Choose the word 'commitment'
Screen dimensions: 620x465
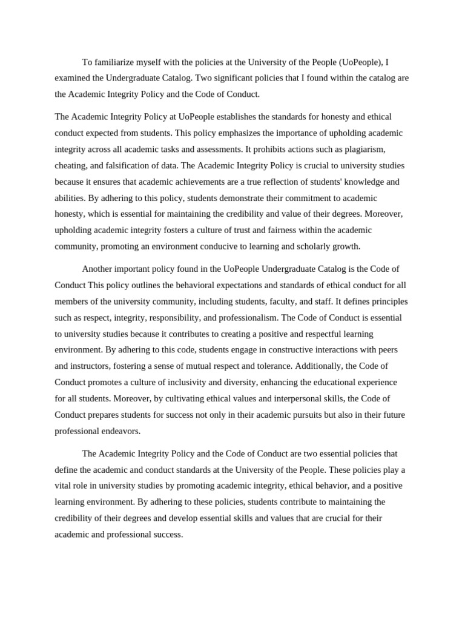click(x=280, y=198)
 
